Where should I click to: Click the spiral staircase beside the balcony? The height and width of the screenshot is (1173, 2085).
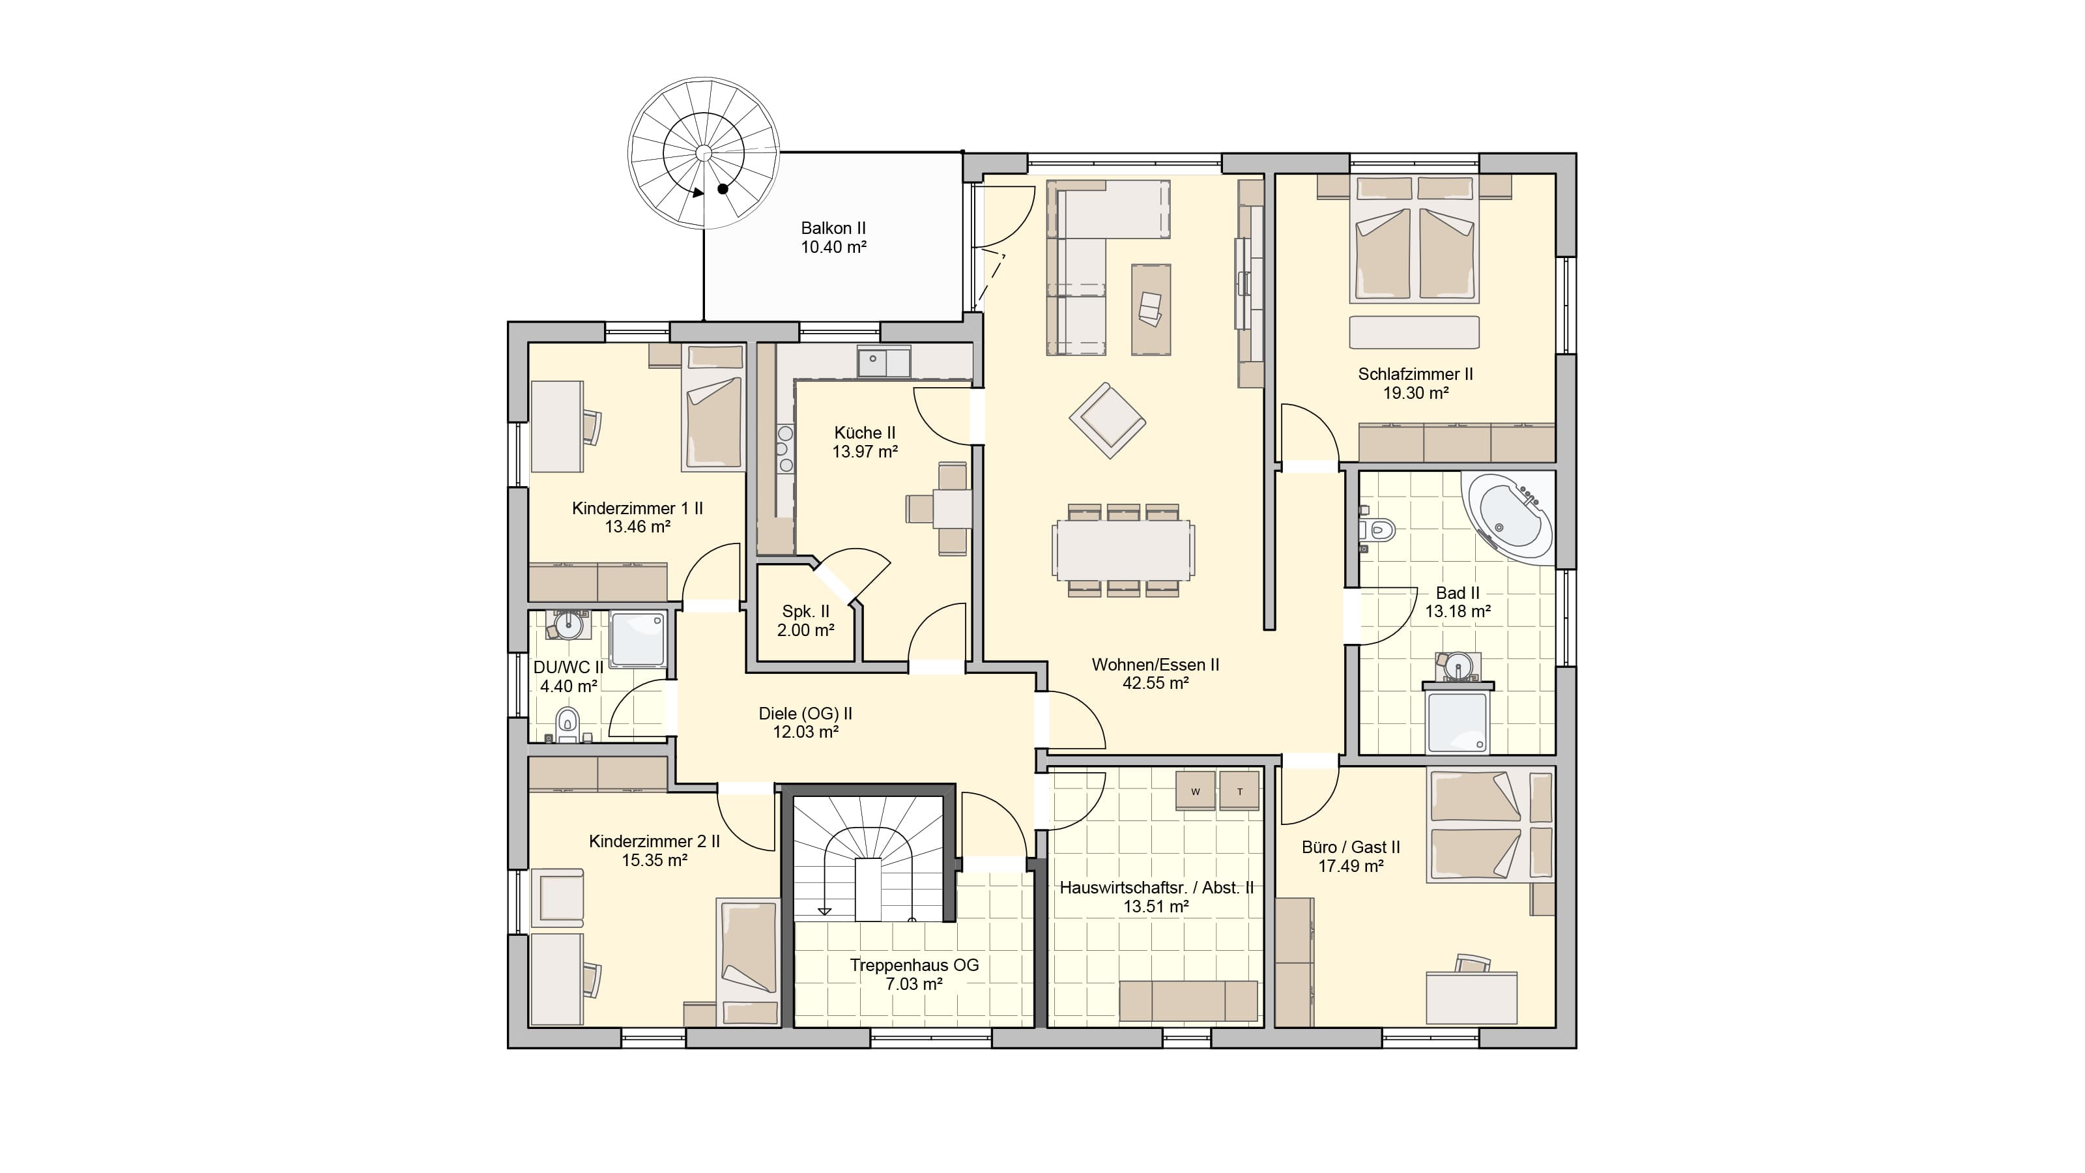[x=704, y=153]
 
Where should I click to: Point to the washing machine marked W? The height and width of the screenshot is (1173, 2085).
[x=1196, y=791]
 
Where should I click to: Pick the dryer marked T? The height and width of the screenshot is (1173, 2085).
[x=1239, y=791]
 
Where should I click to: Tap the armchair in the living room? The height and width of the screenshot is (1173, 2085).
[x=1107, y=420]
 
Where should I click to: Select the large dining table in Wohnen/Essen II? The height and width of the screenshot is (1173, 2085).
[x=1123, y=549]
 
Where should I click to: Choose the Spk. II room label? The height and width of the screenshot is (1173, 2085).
[x=805, y=612]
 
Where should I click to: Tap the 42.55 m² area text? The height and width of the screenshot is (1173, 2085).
[x=1155, y=683]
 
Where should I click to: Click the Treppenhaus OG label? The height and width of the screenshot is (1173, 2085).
[x=913, y=965]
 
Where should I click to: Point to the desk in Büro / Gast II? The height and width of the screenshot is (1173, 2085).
[x=1471, y=998]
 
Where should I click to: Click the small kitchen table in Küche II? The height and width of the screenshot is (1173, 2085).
[x=952, y=509]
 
